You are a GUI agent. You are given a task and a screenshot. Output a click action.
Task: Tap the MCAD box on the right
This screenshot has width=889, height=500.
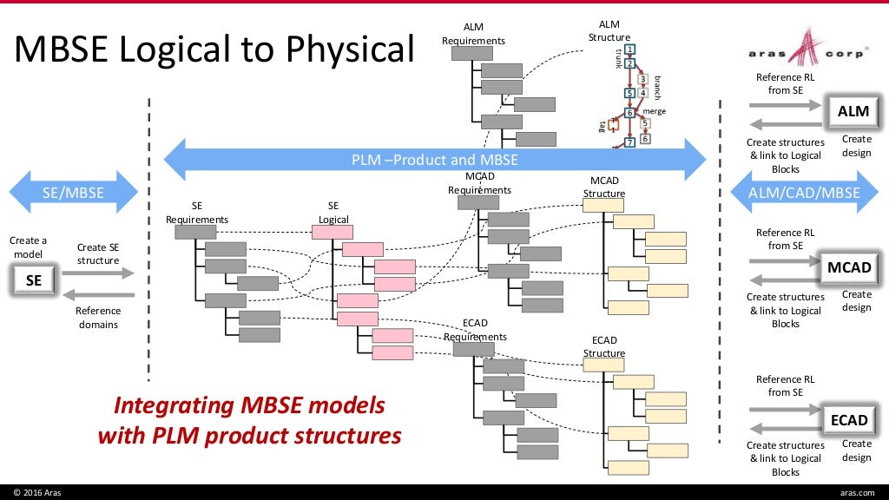[848, 267]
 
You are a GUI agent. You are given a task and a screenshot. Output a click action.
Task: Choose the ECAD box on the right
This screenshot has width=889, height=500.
[848, 420]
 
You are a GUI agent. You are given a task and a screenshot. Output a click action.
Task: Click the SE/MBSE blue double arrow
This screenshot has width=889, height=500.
[73, 193]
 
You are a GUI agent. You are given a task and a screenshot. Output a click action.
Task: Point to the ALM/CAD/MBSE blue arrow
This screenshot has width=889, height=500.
[804, 193]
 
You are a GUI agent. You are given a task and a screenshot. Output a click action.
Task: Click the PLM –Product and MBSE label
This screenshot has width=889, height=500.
[434, 160]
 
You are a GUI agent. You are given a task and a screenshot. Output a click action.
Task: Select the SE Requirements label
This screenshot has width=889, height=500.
[196, 213]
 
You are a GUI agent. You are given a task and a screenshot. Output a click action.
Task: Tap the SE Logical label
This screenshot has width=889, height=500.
[333, 213]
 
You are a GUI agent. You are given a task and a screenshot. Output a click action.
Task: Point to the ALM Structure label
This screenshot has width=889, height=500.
[609, 30]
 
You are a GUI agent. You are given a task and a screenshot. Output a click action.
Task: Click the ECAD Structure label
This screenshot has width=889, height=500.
[603, 346]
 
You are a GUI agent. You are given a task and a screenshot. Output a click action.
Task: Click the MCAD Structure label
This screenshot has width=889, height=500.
[603, 187]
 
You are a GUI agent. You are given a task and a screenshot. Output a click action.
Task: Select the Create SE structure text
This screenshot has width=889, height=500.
[97, 253]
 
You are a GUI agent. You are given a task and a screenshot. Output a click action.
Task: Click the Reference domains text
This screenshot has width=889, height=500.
[97, 318]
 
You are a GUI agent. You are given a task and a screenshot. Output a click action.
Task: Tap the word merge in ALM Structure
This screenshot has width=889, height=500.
[654, 111]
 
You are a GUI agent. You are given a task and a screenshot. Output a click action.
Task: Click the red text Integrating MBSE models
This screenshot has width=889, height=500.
[249, 405]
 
